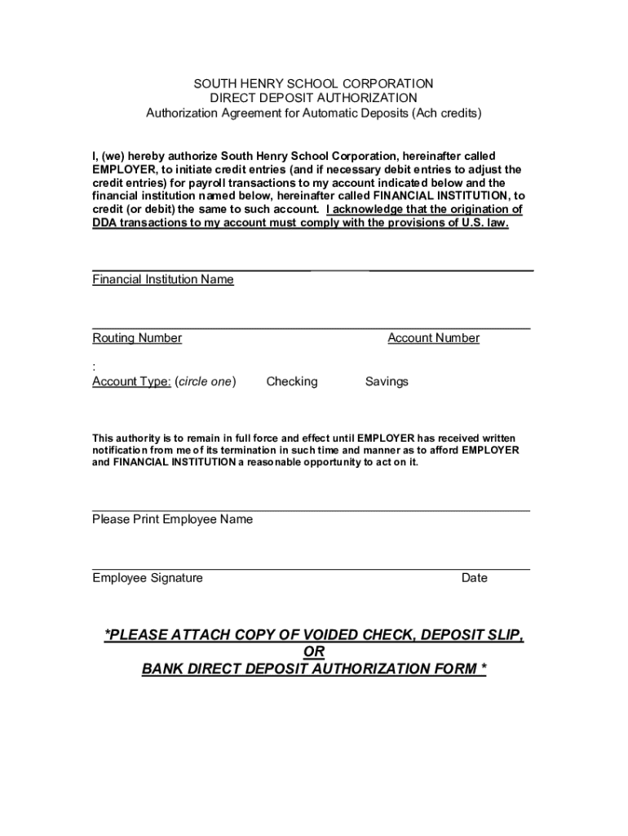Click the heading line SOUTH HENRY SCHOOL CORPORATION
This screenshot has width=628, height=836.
coord(313,83)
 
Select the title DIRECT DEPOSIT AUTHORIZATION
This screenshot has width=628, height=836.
coord(313,98)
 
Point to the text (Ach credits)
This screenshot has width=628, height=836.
coord(446,113)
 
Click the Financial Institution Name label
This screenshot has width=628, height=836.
coord(163,279)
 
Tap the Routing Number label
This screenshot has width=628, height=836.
coord(137,338)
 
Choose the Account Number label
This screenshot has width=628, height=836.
coord(433,338)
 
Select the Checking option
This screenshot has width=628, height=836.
coord(292,381)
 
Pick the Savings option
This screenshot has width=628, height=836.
coord(387,381)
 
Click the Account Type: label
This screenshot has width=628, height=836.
coord(131,381)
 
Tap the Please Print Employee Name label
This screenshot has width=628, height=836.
coord(172,519)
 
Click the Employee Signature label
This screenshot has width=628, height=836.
coord(148,578)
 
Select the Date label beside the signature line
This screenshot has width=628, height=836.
coord(474,578)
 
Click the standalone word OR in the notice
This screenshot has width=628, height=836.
coord(314,651)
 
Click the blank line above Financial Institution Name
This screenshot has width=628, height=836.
coord(312,269)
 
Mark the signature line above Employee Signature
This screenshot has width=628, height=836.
coord(311,569)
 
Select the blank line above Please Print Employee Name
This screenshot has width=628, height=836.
coord(311,510)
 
